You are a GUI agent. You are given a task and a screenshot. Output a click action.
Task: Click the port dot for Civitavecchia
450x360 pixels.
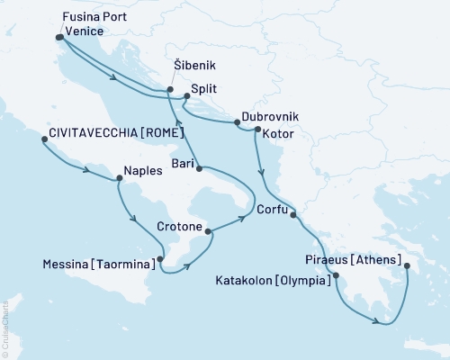42,139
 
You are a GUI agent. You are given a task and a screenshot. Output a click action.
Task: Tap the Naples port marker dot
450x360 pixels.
119,178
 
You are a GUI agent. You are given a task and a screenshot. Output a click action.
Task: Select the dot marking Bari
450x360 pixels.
197,168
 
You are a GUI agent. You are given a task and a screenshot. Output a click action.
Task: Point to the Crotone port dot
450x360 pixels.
210,231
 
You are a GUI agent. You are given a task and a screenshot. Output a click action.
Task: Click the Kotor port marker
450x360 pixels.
257,130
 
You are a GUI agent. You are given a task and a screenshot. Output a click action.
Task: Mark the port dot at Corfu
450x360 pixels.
292,214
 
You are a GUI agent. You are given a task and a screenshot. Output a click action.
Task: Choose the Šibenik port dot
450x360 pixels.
170,89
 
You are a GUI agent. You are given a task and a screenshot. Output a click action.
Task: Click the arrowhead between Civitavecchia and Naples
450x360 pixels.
87,171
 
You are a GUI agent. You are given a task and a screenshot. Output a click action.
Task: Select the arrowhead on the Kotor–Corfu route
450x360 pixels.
262,174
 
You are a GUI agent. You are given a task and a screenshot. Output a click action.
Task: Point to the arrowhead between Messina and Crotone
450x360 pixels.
186,263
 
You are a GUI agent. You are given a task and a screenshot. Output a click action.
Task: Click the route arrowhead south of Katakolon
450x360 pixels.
372,315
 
